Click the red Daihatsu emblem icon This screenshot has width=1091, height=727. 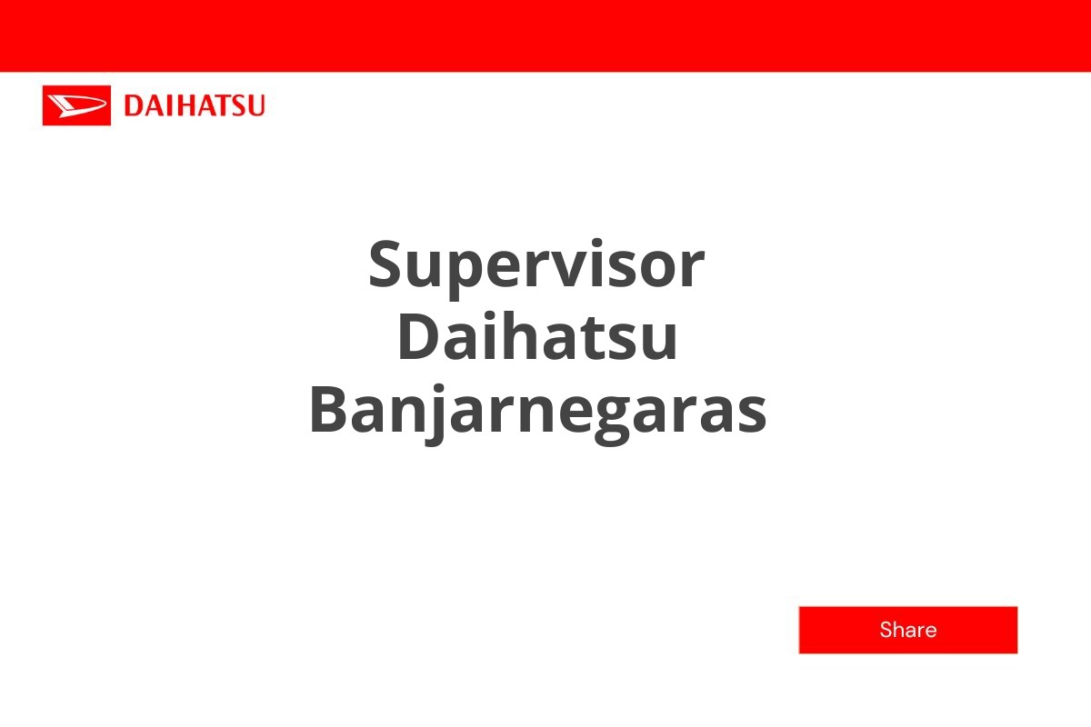[x=76, y=105]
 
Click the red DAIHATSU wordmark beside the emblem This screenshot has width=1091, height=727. [x=194, y=105]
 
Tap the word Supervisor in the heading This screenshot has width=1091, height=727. [x=536, y=264]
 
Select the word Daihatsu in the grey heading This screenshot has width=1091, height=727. [x=537, y=337]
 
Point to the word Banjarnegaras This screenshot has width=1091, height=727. [x=537, y=411]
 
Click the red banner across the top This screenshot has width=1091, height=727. [x=545, y=35]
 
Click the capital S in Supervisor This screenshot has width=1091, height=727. [x=387, y=264]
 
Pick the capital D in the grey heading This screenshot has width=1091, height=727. [x=418, y=337]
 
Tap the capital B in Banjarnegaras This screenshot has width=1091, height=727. [x=329, y=411]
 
